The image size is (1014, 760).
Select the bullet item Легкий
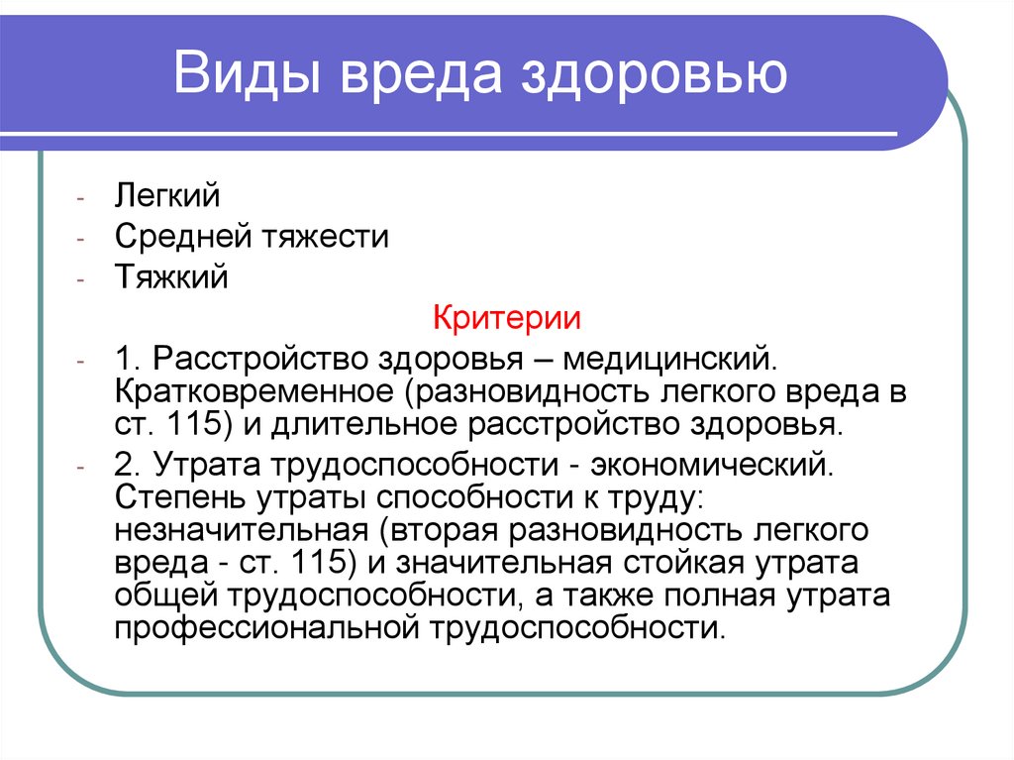pyautogui.click(x=167, y=195)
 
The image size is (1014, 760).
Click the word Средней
pyautogui.click(x=184, y=237)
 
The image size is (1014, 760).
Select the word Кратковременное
pyautogui.click(x=255, y=390)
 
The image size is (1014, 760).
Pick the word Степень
pyautogui.click(x=183, y=496)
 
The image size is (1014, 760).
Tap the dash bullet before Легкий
pyautogui.click(x=89, y=196)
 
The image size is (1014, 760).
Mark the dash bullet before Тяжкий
pyautogui.click(x=89, y=278)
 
